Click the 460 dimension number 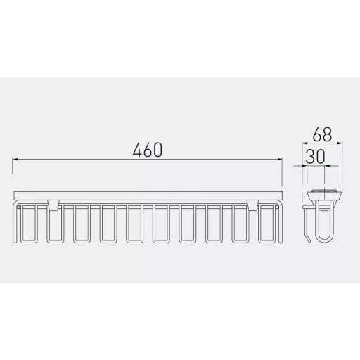pos(148,150)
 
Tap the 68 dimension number pos(322,134)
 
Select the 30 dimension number pos(315,156)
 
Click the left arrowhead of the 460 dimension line pos(15,160)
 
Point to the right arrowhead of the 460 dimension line pos(280,160)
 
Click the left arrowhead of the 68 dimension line pos(304,143)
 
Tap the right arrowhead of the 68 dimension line pos(340,143)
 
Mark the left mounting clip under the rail pos(53,205)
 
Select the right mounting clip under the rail pos(252,205)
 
